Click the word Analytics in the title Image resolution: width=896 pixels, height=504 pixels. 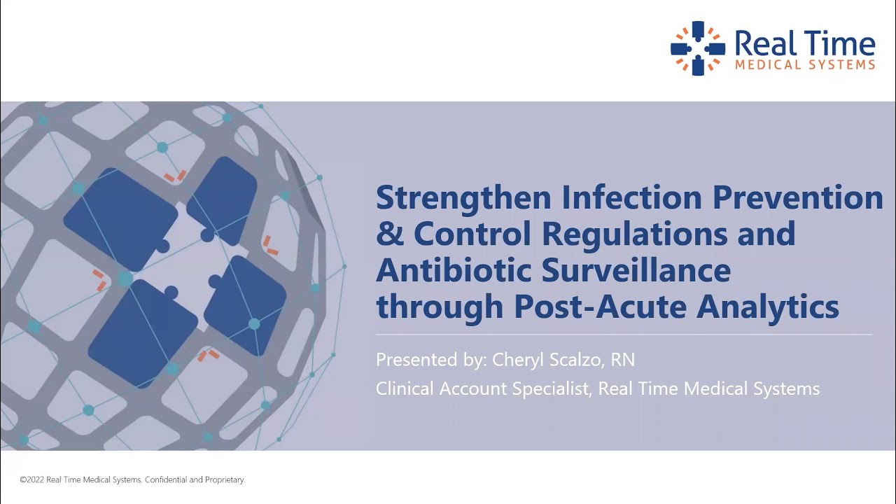777,307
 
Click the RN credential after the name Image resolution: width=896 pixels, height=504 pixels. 622,360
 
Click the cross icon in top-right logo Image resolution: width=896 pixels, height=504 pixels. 698,48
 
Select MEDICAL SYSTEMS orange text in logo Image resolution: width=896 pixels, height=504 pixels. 804,65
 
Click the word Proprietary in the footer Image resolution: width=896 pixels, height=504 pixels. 225,480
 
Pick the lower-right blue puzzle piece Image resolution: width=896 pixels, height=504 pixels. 245,305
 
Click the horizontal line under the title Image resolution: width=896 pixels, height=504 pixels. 623,335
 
